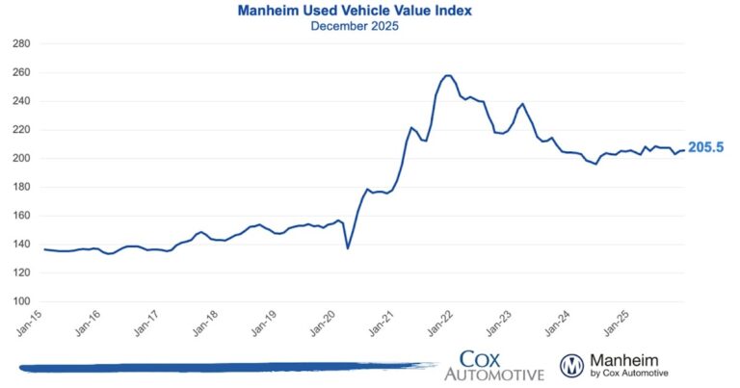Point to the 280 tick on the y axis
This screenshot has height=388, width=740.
click(x=22, y=44)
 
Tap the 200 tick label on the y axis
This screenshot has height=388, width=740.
click(x=22, y=158)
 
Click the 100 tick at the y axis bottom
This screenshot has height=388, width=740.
click(x=22, y=301)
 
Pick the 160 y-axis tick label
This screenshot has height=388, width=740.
click(x=22, y=216)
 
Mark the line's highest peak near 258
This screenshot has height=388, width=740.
click(x=447, y=75)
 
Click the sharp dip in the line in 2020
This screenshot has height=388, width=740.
click(x=348, y=248)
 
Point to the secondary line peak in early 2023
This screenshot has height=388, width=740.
click(x=522, y=104)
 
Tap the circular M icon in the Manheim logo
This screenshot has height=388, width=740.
click(x=573, y=365)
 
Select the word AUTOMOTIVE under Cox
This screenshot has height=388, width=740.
click(x=493, y=374)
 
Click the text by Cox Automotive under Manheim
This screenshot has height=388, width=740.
click(x=629, y=373)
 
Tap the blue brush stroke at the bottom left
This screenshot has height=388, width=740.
click(x=222, y=367)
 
